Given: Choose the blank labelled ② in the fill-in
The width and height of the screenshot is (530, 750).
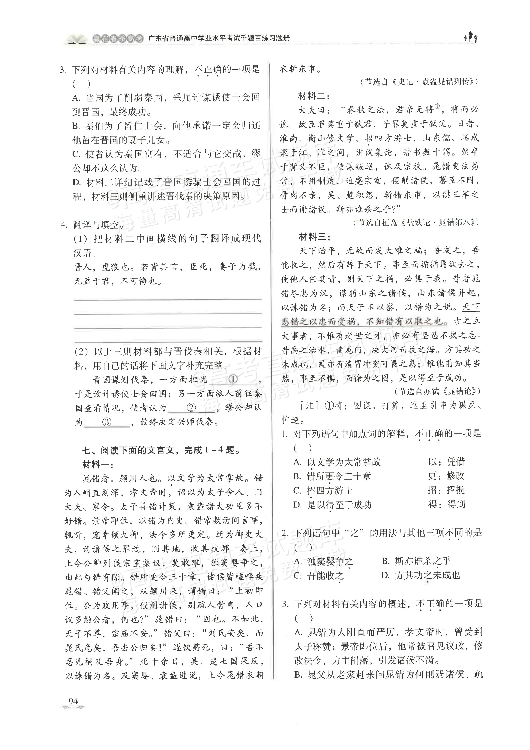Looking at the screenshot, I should tap(191, 407).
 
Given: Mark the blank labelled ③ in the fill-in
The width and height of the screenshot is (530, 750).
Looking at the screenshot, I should tap(107, 422).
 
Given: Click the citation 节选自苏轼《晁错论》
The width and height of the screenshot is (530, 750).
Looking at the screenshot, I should tap(437, 391).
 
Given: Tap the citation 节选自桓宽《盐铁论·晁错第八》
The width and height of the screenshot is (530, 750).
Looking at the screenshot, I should tap(416, 222).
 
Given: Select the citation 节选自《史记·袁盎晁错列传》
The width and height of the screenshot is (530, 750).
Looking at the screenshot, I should tap(419, 82).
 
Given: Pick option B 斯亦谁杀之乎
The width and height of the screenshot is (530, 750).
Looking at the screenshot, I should tap(416, 561).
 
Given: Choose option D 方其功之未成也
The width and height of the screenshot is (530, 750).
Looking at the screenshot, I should tap(421, 576).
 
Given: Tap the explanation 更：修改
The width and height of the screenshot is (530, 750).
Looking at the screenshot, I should tap(446, 476).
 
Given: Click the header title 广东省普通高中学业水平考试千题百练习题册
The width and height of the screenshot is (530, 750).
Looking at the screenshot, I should tap(219, 38).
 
